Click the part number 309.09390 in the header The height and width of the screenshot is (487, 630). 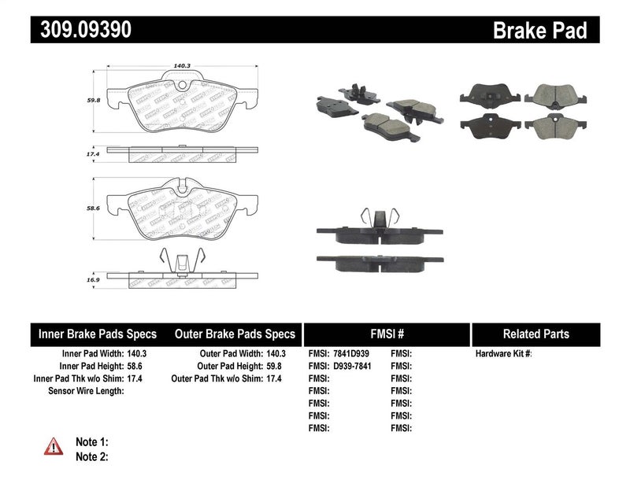[82, 30]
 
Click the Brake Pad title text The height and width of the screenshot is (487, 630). [539, 31]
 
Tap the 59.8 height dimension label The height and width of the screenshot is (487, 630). [93, 100]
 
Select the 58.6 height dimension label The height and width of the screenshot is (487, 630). [93, 208]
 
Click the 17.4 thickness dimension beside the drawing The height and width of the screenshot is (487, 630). [93, 157]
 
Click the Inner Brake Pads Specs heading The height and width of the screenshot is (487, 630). [98, 334]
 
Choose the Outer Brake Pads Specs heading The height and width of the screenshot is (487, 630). [235, 334]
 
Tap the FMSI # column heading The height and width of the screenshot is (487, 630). [386, 334]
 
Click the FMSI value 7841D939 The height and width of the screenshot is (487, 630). [352, 354]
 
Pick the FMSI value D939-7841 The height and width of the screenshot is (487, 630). [352, 367]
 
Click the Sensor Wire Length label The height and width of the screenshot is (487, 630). [86, 390]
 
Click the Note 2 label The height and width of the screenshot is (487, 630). [91, 456]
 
